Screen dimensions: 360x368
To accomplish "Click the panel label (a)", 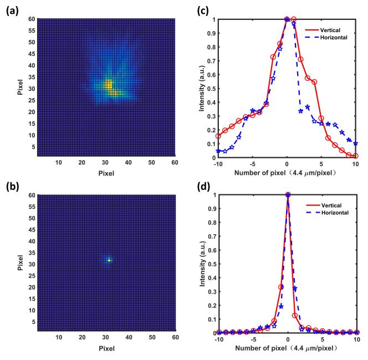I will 13,11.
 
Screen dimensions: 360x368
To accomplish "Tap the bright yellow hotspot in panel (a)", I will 109,85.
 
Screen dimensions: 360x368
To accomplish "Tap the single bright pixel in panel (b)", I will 109,260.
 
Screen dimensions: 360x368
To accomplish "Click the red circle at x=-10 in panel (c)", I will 218,136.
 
